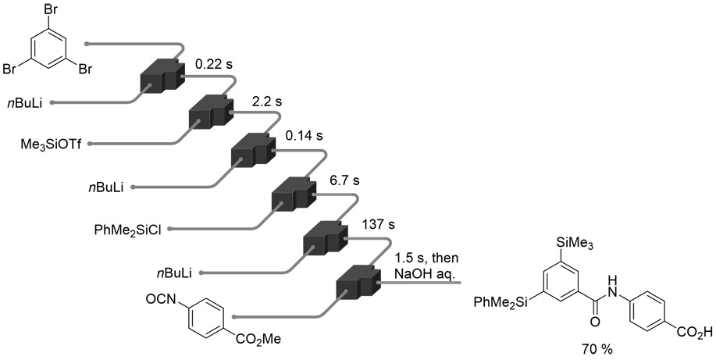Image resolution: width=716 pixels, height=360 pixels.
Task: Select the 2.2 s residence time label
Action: pos(267,102)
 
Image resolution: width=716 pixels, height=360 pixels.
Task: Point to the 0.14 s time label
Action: pos(303,136)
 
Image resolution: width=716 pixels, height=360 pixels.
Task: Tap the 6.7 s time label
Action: pos(344,181)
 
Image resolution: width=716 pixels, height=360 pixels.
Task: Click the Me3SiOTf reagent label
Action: pos(53,144)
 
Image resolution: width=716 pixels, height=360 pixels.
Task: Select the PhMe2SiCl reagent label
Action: pos(126,230)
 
